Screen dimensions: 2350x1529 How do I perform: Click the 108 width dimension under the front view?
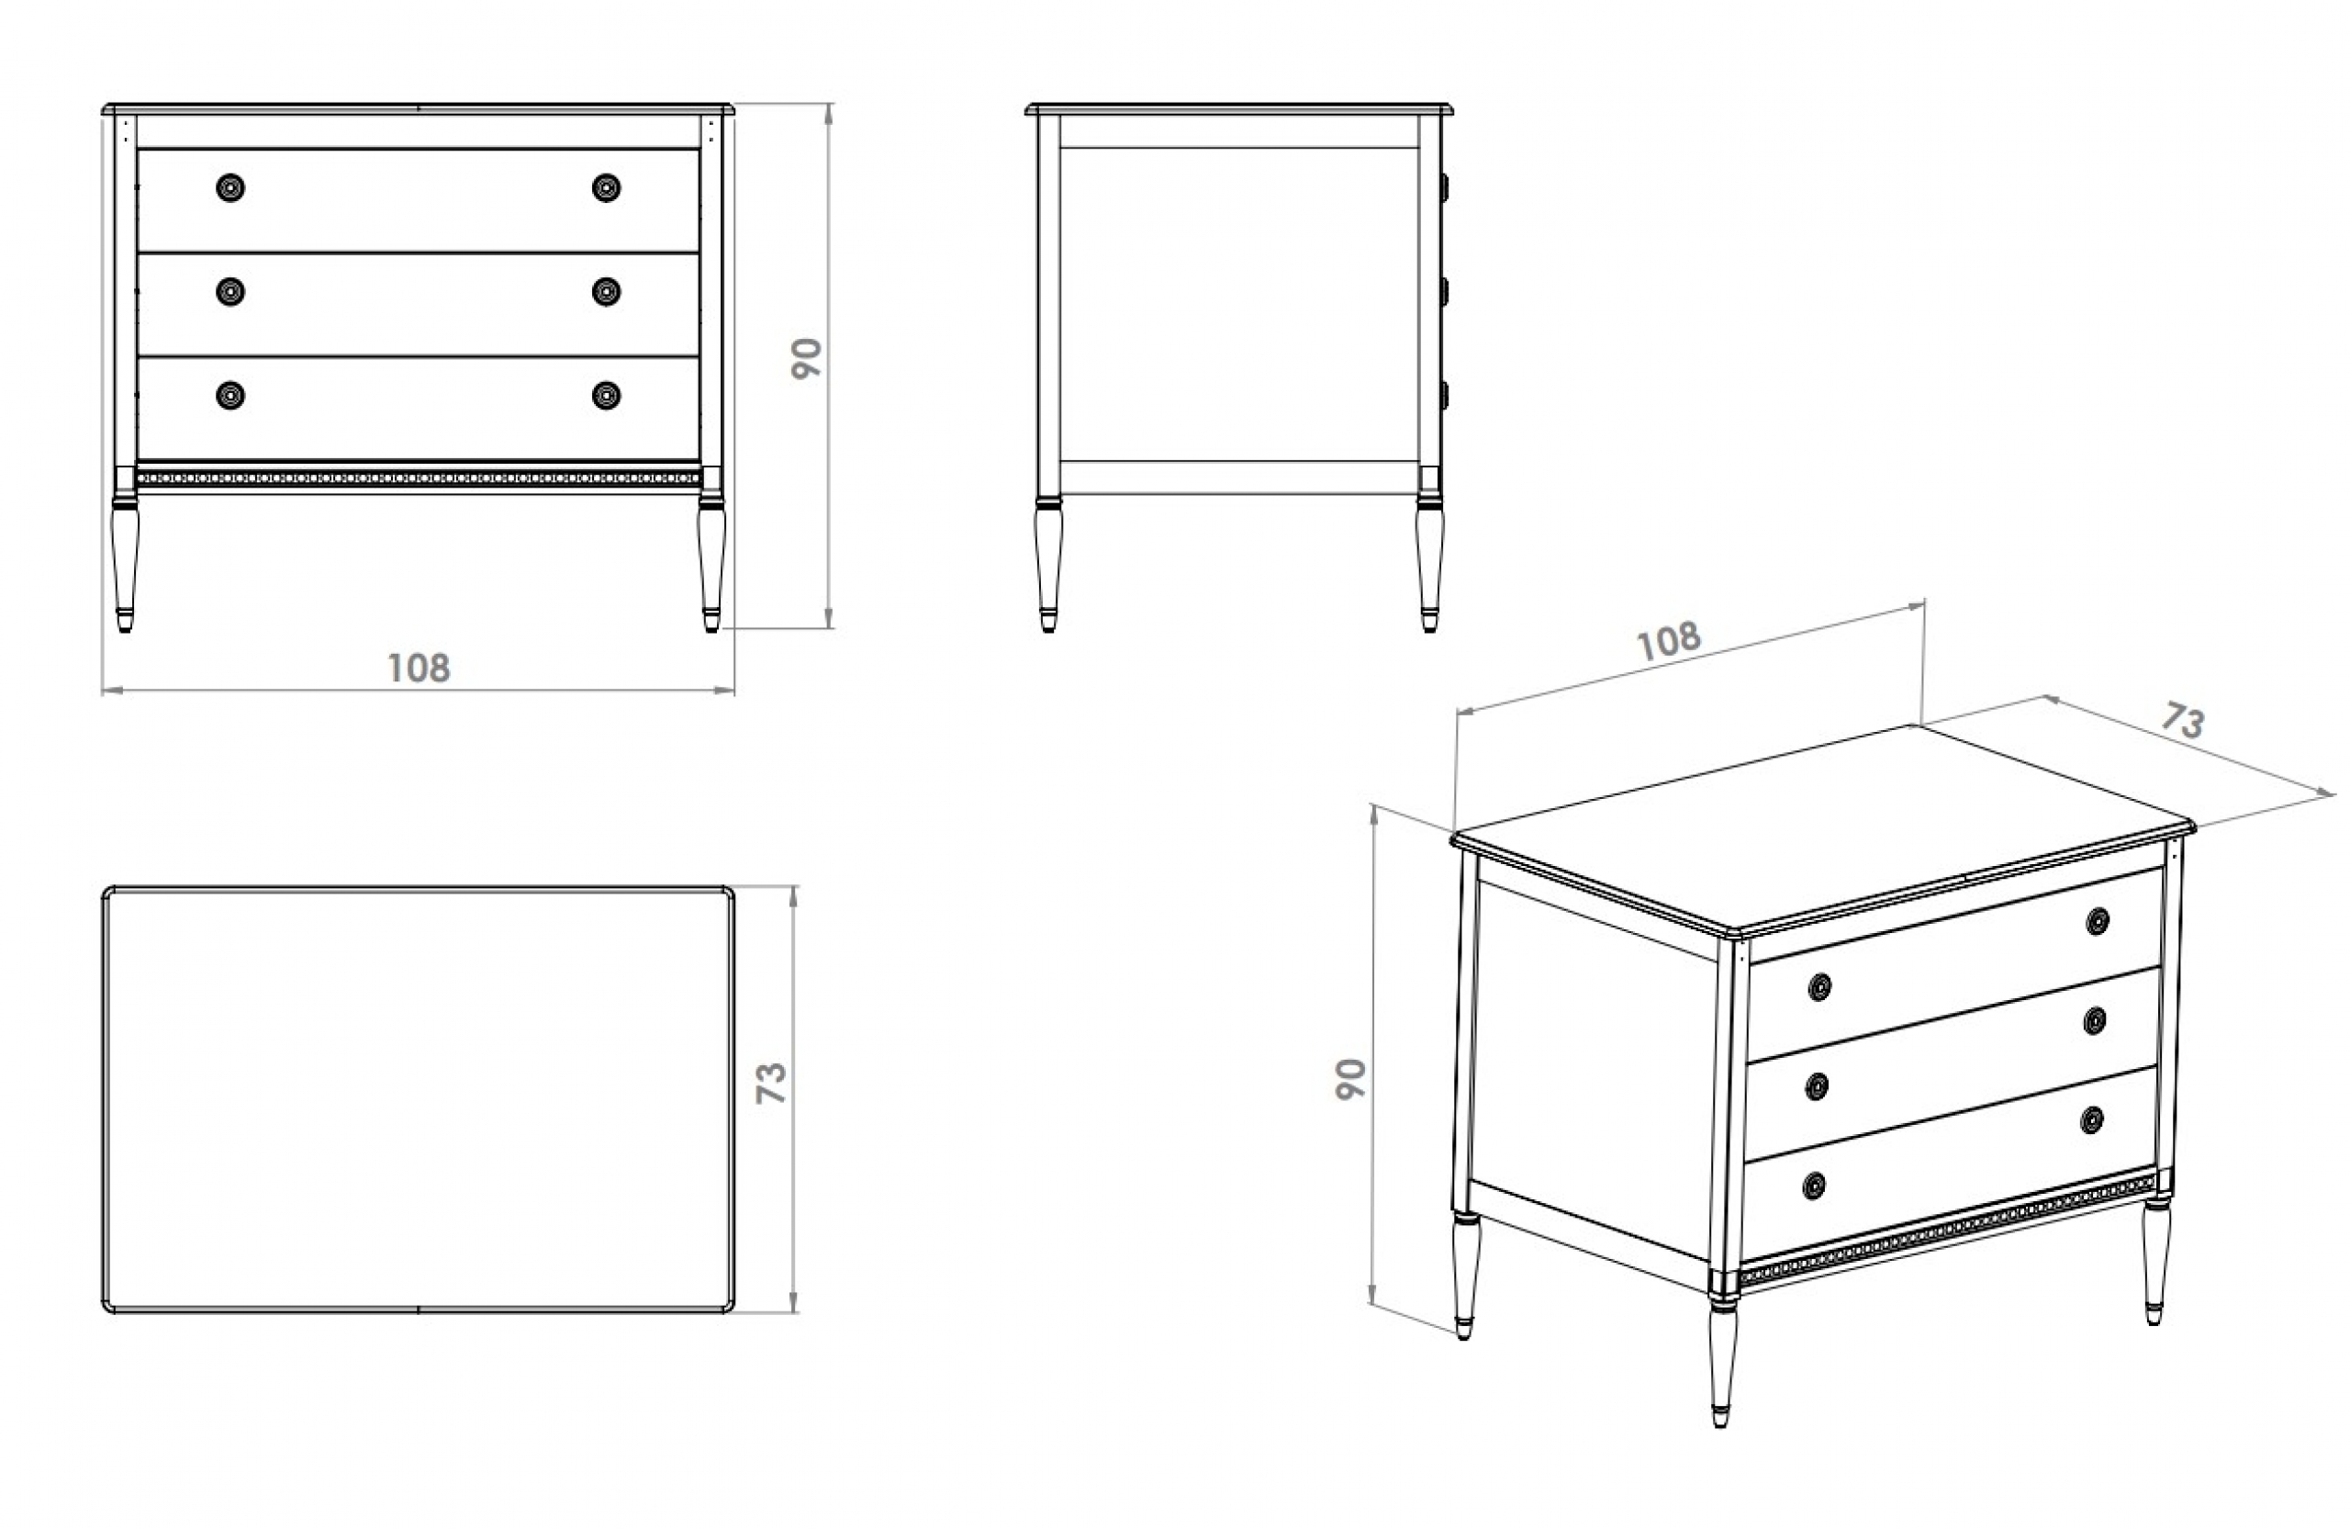(419, 669)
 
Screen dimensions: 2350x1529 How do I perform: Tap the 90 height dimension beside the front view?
(807, 358)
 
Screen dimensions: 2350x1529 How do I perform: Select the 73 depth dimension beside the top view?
(770, 1084)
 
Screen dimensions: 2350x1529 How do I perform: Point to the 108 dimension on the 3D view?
(1669, 640)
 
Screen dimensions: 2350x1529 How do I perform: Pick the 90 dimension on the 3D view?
(1349, 1079)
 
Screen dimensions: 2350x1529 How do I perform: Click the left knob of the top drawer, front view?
(230, 187)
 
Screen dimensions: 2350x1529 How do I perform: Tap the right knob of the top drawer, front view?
(606, 187)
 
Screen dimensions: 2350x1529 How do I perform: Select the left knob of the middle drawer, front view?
(230, 291)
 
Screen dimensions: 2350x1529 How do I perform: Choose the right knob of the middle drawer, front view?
(606, 291)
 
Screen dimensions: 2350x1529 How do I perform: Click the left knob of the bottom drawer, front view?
(230, 395)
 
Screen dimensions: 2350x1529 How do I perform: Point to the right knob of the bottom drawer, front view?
(606, 395)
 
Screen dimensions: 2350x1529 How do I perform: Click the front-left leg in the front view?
(125, 563)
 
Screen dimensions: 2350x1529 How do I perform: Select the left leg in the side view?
(1048, 563)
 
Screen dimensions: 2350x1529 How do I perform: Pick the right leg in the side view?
(1428, 563)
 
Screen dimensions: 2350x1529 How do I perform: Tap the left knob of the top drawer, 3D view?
(1819, 987)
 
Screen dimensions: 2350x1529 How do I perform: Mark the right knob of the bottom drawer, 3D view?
(2090, 1120)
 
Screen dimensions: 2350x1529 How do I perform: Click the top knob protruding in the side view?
(1445, 186)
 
